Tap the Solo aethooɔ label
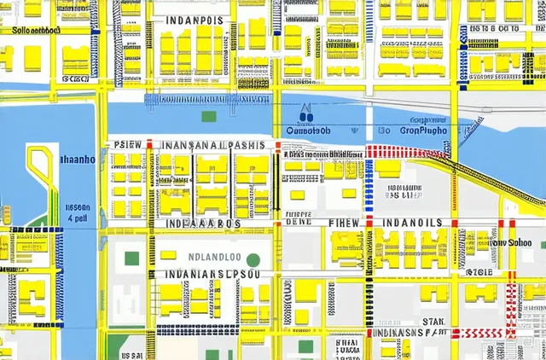(x=37, y=29)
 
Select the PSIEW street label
(x=126, y=145)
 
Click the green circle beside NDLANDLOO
(x=253, y=258)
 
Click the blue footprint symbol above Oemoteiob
(x=306, y=115)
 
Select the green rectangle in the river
(x=209, y=116)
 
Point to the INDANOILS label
(x=412, y=223)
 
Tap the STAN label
(x=434, y=322)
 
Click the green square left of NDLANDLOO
(x=131, y=258)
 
